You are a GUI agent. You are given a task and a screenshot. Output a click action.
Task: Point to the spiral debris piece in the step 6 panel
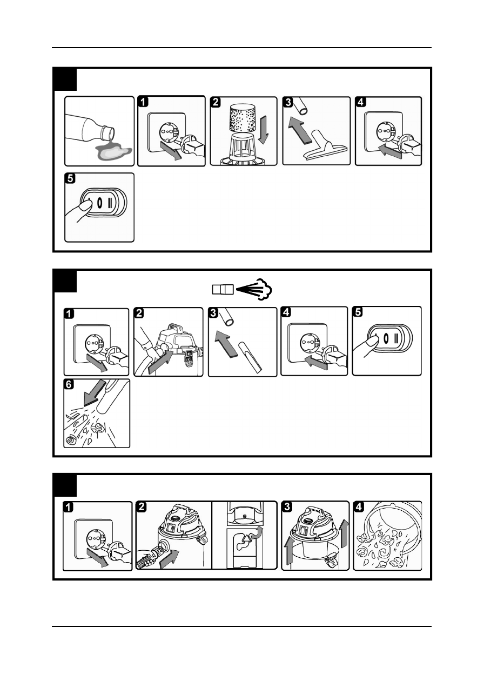coord(70,439)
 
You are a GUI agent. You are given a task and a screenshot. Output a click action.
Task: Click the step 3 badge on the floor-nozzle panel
coord(287,102)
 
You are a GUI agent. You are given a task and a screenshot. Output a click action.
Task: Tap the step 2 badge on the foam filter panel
coord(215,102)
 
